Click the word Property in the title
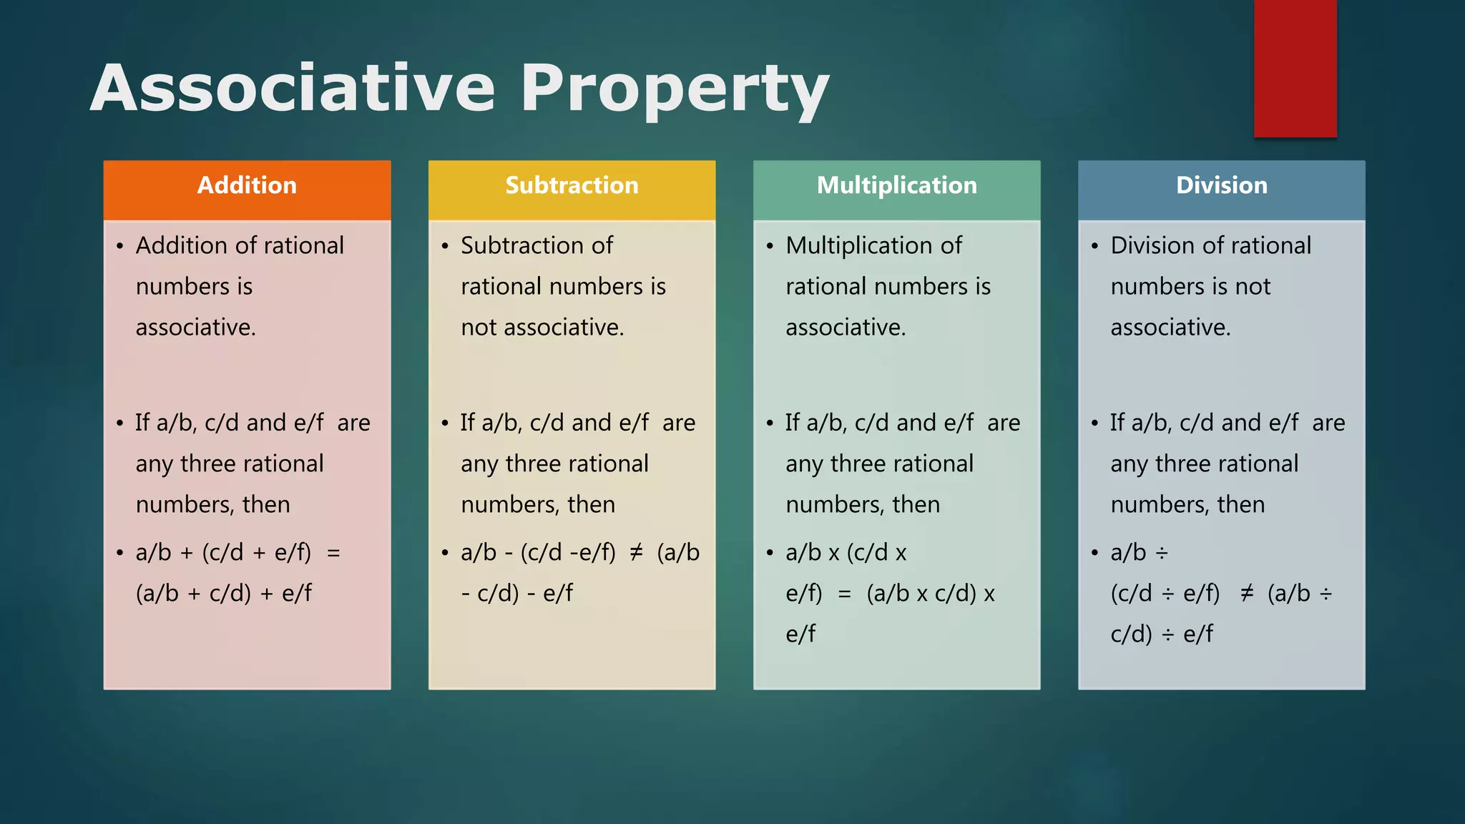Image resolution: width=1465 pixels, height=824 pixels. point(674,89)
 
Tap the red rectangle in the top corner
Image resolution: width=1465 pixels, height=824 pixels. point(1295,68)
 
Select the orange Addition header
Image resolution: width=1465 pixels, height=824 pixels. point(247,186)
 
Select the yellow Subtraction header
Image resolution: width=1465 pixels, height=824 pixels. point(572,186)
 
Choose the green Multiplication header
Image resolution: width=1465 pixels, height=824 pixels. point(896,186)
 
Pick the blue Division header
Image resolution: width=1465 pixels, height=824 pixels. point(1221,186)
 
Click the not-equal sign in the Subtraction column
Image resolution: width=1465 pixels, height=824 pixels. point(636,552)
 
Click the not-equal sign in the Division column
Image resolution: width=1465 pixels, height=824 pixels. point(1247,593)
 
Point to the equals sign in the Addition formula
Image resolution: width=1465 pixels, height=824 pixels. point(333,553)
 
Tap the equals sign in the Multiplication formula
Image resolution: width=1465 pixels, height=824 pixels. point(844,594)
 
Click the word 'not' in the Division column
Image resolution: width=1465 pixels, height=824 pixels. point(1252,286)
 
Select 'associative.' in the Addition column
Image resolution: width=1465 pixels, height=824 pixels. point(195,327)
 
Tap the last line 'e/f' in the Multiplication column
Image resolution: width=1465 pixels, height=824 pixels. point(800,634)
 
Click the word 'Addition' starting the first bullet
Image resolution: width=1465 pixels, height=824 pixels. point(181,245)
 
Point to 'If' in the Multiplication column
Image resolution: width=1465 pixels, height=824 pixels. point(792,423)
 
